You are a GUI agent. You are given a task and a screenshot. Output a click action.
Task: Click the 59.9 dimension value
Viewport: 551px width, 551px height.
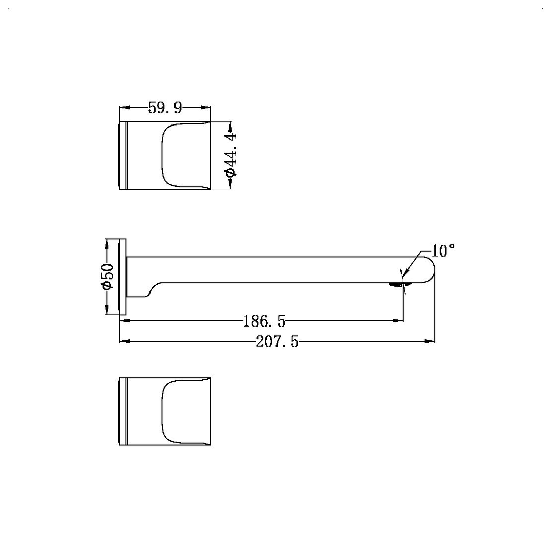(165, 108)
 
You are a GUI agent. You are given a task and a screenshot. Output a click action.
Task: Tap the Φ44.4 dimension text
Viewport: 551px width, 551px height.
(231, 155)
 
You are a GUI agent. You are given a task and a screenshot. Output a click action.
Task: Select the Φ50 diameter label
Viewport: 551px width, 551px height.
(108, 276)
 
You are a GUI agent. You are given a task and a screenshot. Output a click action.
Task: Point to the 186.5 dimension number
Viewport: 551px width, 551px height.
(264, 321)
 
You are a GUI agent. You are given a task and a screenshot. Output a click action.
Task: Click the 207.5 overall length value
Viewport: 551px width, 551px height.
(277, 341)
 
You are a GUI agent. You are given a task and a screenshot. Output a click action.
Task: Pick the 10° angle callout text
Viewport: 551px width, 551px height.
(442, 251)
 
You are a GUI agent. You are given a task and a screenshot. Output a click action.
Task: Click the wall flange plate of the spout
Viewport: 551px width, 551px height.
(123, 277)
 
